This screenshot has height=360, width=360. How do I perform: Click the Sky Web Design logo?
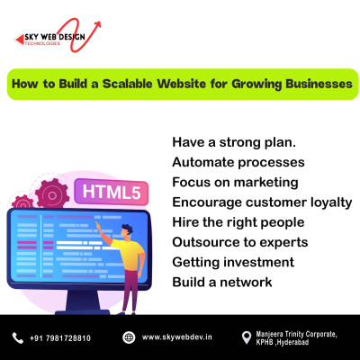point(58,35)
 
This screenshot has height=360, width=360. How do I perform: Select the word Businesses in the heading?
point(319,84)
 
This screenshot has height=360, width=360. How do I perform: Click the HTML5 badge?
point(112,192)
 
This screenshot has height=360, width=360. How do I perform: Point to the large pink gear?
point(52,194)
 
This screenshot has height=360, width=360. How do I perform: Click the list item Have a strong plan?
point(234,142)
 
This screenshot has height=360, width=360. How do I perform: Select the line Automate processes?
point(238,162)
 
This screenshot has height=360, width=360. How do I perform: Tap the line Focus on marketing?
point(235,183)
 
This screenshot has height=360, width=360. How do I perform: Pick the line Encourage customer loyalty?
point(262,202)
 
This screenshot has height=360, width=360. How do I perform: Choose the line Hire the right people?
point(238,222)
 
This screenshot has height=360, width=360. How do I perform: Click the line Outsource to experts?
point(240,242)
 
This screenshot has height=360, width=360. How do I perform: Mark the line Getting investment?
point(233,263)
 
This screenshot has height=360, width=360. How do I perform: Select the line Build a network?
point(222,283)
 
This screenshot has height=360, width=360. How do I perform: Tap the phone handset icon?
point(18,337)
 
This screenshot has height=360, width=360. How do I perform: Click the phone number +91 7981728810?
point(60,338)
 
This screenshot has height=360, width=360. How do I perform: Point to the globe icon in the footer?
point(129,337)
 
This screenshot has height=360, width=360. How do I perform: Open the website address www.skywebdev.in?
point(177,337)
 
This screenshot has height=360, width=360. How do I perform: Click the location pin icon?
point(247,337)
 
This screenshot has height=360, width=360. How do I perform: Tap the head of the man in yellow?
point(127,230)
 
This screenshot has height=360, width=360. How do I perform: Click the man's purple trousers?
point(130,291)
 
